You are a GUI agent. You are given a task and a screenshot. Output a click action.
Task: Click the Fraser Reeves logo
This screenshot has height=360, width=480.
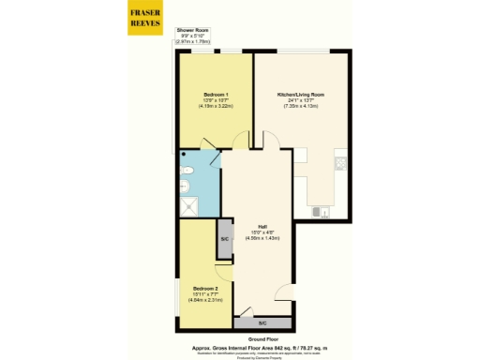tap(143, 18)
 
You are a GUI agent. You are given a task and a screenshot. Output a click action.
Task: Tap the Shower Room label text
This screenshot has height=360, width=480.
tap(195, 31)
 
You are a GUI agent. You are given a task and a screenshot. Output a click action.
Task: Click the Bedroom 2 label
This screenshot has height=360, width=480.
tap(206, 288)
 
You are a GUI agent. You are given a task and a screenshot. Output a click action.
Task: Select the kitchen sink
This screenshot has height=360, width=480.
tap(323, 213)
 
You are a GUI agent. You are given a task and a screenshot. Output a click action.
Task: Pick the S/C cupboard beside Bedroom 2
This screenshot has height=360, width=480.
tap(225, 239)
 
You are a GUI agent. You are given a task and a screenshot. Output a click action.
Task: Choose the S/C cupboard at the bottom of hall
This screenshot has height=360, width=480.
tap(262, 322)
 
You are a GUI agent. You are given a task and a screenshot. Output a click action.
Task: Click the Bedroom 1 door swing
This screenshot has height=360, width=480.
tap(241, 142)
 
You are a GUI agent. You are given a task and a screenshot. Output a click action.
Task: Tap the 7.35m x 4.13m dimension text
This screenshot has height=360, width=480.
tap(302, 106)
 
